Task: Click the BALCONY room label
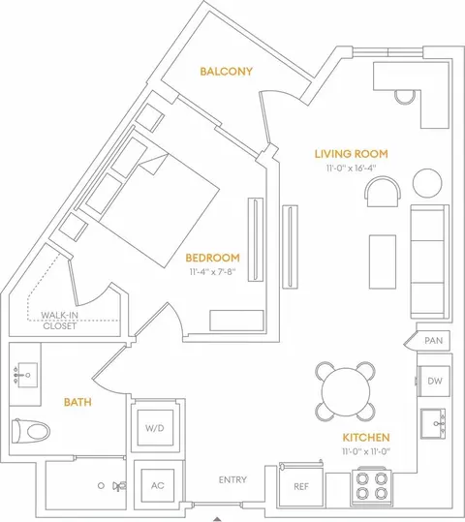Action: tap(226, 72)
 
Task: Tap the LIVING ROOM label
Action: tap(352, 154)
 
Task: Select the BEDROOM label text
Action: tap(212, 258)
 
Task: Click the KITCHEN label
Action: tap(366, 438)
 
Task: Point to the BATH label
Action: tap(77, 402)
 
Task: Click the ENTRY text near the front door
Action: tap(232, 479)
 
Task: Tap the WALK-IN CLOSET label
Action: tap(60, 321)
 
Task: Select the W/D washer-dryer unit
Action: tap(155, 428)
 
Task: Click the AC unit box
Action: tap(158, 486)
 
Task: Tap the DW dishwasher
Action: tap(434, 381)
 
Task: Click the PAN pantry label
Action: tap(434, 341)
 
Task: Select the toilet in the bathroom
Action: tap(31, 431)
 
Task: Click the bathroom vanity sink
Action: tap(27, 375)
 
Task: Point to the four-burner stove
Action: tap(371, 486)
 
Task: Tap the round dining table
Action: tap(346, 391)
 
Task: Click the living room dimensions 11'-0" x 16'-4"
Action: tap(351, 168)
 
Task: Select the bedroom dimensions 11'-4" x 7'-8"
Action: tap(212, 272)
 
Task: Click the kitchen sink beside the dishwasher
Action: tap(433, 423)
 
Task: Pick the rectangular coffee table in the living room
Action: tap(383, 261)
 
